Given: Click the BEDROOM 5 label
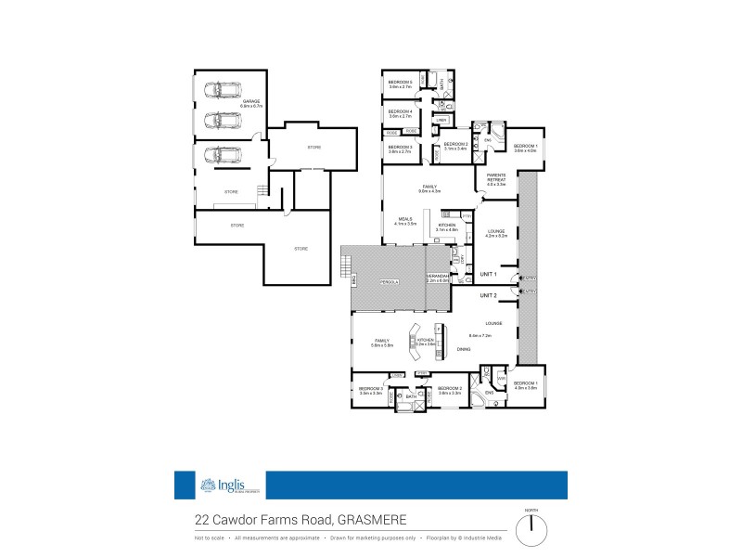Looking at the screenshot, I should pyautogui.click(x=400, y=84).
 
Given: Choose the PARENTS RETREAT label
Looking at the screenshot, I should pyautogui.click(x=495, y=180).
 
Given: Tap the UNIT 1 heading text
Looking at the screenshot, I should pyautogui.click(x=489, y=275).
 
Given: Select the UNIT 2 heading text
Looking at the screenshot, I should pyautogui.click(x=489, y=295).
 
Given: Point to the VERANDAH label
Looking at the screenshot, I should pyautogui.click(x=438, y=277).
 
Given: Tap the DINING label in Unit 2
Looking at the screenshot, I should pyautogui.click(x=463, y=349).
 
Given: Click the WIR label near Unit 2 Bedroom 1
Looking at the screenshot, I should pyautogui.click(x=501, y=378).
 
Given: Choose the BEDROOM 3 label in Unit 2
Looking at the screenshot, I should pyautogui.click(x=371, y=390).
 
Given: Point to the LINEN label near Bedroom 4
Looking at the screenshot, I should pyautogui.click(x=441, y=120).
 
